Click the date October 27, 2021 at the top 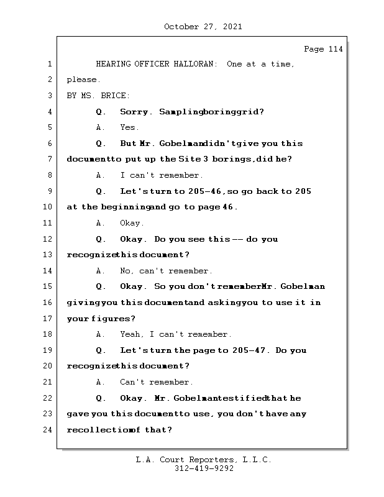pyautogui.click(x=203, y=27)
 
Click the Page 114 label pyautogui.click(x=323, y=49)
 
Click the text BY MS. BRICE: pyautogui.click(x=98, y=96)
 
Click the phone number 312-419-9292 pyautogui.click(x=204, y=469)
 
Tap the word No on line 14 pyautogui.click(x=126, y=271)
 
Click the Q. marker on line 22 pyautogui.click(x=101, y=398)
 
